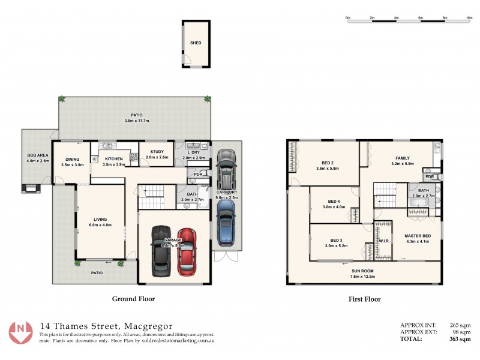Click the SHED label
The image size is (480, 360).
tap(196, 43)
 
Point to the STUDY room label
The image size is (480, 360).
tap(158, 151)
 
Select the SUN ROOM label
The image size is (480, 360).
tap(363, 271)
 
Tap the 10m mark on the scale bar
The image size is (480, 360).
tap(469, 18)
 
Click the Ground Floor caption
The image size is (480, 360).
tap(134, 298)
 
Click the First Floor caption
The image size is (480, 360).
tap(365, 298)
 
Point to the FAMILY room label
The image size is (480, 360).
tap(402, 158)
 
